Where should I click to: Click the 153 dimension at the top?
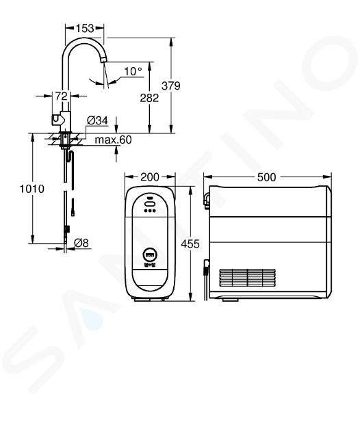tap(85, 28)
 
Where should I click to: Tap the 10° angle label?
tap(133, 71)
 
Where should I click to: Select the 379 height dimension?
tap(171, 86)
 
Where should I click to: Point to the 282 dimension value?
tap(149, 98)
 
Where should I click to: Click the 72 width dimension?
tap(62, 96)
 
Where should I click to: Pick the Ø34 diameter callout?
tap(97, 120)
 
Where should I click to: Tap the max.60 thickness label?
tap(113, 140)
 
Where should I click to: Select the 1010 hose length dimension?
tap(32, 189)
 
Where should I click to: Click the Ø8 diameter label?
tap(81, 243)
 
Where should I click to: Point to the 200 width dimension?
tap(150, 177)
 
